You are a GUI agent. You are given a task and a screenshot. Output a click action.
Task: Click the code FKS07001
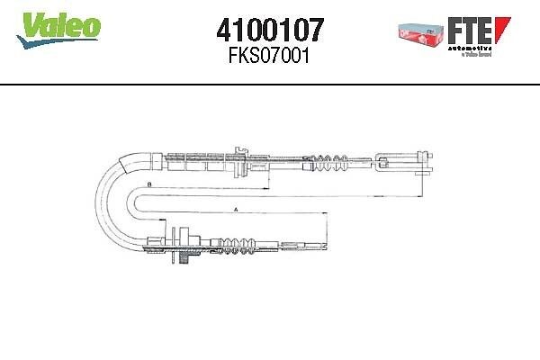269,57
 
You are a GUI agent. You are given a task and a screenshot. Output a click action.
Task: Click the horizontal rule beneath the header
270,84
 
